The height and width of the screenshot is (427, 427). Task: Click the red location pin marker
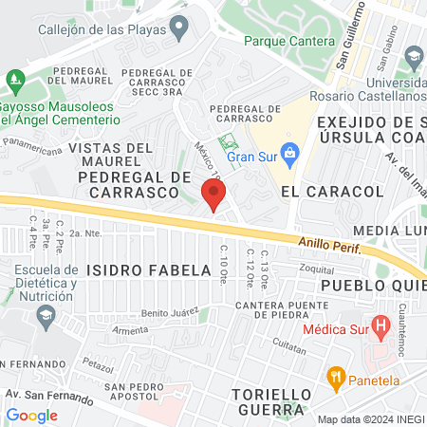point(213,195)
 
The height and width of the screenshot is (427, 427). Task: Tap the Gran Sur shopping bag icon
point(291,153)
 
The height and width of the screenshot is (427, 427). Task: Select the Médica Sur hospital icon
point(382,329)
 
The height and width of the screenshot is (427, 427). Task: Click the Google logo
point(32,415)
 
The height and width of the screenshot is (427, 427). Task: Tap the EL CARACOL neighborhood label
point(332,192)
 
